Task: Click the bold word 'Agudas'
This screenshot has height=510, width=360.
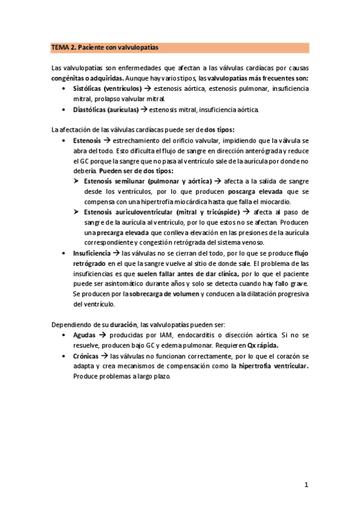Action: pos(84,335)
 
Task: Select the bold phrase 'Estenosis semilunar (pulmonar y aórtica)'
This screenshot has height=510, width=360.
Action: pos(148,181)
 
